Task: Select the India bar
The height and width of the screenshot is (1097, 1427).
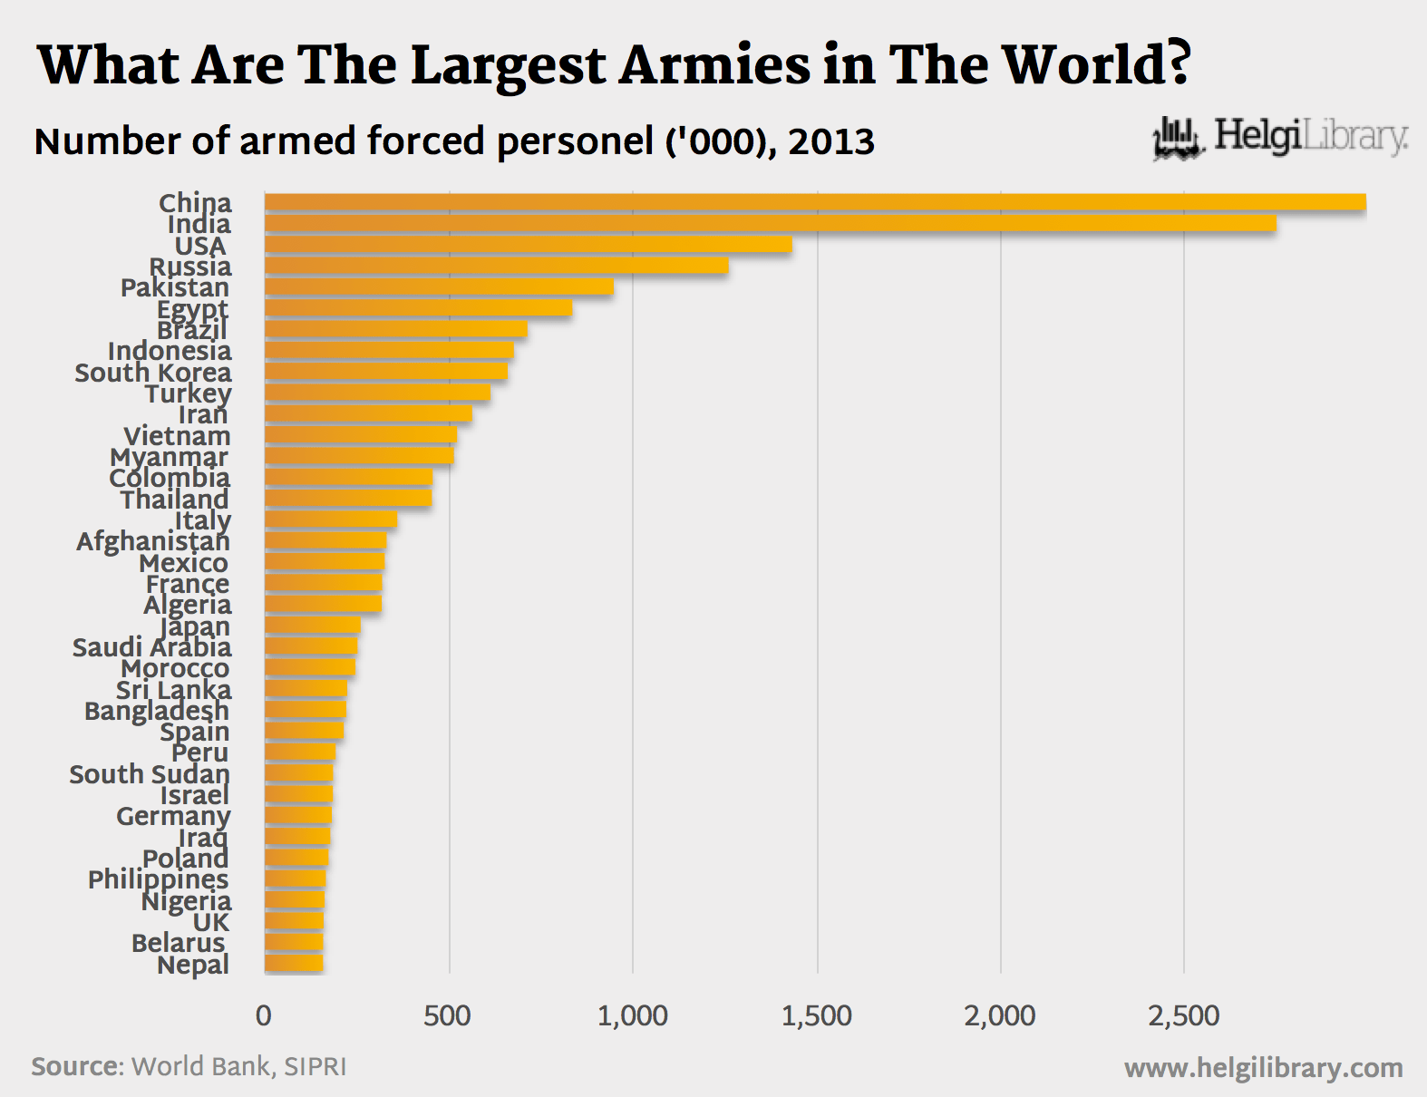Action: (770, 223)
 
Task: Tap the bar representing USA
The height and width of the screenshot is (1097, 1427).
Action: (528, 245)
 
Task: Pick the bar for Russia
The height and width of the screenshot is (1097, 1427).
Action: (496, 266)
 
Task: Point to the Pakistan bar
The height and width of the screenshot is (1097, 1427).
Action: (439, 287)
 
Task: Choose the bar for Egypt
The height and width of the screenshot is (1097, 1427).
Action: (418, 308)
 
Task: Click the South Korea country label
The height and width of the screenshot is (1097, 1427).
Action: (153, 373)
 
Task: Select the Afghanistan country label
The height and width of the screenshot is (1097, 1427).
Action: (153, 541)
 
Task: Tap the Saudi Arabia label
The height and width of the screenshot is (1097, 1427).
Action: (152, 647)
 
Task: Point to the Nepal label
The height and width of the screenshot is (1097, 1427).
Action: (193, 965)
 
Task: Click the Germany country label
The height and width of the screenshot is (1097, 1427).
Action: (173, 816)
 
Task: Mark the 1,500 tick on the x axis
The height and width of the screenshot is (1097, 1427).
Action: (816, 1015)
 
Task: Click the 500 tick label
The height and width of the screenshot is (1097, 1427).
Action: (448, 1015)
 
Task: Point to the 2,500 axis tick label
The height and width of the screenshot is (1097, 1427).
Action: (1183, 1015)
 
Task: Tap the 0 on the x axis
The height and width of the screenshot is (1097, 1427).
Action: (264, 1015)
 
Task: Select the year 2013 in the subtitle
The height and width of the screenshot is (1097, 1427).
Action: (831, 142)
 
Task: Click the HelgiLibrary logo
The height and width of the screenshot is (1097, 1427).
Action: (1280, 138)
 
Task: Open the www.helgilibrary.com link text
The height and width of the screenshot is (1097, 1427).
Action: (1263, 1068)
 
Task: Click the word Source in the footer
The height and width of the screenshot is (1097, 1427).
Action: (77, 1066)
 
